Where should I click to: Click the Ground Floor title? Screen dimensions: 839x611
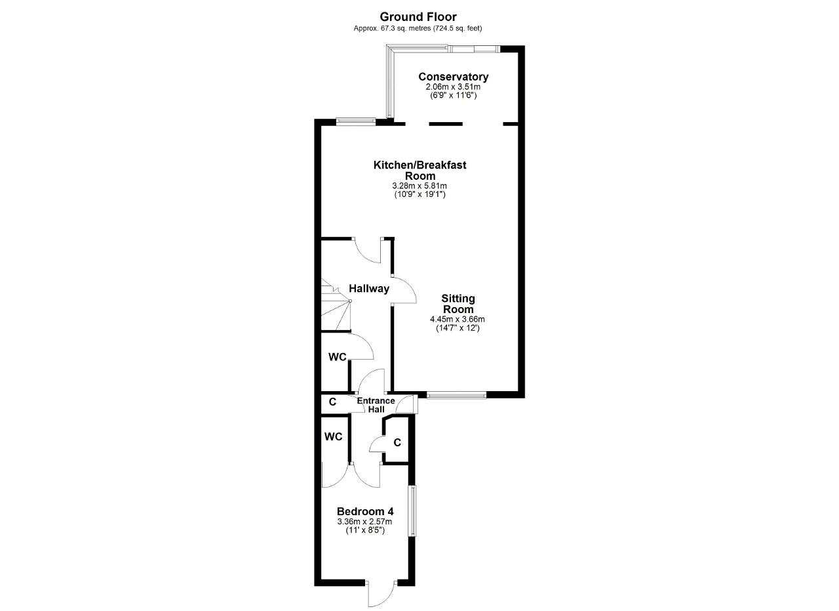(x=418, y=17)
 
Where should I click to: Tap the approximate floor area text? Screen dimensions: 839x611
(x=418, y=28)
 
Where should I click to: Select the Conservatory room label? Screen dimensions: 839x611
(x=453, y=77)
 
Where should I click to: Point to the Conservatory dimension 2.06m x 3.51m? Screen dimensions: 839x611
(x=453, y=87)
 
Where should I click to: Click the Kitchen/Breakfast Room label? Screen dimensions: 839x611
(x=420, y=170)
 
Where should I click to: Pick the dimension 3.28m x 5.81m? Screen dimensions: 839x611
(x=419, y=186)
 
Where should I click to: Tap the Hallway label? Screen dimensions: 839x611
(x=369, y=288)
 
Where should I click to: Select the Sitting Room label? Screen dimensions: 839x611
(x=458, y=304)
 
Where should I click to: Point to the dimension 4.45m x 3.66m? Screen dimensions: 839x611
(x=458, y=319)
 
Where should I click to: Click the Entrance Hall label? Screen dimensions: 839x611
(x=376, y=405)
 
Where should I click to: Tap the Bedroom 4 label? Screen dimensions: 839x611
(x=365, y=511)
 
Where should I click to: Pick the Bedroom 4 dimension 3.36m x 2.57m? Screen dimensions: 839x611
(x=365, y=521)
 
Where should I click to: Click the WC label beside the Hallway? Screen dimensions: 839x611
(x=338, y=357)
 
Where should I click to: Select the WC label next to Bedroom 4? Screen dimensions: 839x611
(x=334, y=436)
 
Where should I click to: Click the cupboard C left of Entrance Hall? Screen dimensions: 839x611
(x=332, y=402)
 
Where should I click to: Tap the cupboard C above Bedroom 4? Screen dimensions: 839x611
(x=397, y=442)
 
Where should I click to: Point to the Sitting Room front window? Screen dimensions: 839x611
(x=456, y=394)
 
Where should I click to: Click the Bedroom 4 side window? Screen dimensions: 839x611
(x=412, y=511)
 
